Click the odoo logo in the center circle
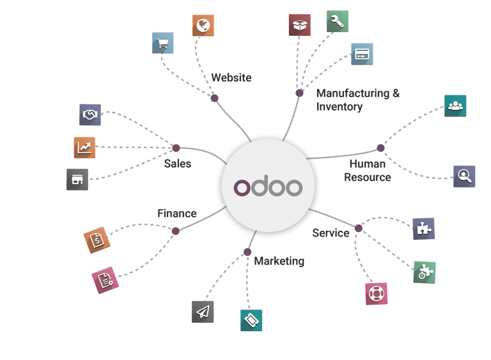pos(268,186)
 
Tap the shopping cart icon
pos(162,43)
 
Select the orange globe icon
pos(203,26)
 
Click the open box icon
pos(300,26)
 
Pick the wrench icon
pos(337,21)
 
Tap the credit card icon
pos(362,54)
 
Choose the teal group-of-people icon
pos(455,106)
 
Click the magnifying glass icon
pos(464,175)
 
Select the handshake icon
pos(90,114)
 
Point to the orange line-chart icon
pos(85,147)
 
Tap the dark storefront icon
pos(77,180)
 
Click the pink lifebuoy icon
pos(376,293)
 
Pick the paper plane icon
pos(203,311)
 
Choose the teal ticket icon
pos(251,319)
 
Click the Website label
pos(231,78)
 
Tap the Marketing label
pos(279,261)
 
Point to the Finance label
pos(177,214)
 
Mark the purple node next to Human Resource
pos(380,148)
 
